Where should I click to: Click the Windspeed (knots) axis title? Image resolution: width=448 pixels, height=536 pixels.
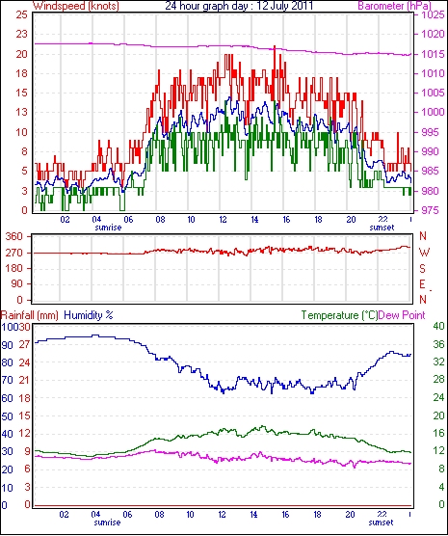pos(76,6)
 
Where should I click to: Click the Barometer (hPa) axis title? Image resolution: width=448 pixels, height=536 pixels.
pos(394,6)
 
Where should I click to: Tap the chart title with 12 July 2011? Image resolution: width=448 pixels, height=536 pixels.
pos(239,6)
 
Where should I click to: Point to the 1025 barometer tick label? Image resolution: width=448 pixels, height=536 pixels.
pos(433,15)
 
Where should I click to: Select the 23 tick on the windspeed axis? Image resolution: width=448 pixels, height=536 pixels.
pos(21,34)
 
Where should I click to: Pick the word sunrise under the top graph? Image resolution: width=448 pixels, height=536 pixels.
pos(108,228)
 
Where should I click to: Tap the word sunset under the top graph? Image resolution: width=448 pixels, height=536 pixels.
pos(382,228)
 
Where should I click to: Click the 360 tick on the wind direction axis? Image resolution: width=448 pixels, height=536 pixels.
pos(14,236)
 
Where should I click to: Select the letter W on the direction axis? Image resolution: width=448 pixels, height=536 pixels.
pos(424,253)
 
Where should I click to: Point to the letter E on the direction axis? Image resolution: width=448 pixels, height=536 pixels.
pos(422,284)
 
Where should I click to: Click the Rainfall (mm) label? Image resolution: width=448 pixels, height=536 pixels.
pos(30,315)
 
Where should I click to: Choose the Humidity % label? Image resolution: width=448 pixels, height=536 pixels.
pos(89,315)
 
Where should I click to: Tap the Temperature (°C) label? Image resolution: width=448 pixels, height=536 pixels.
pos(339,315)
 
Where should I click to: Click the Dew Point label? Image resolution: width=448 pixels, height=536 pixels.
pos(402,315)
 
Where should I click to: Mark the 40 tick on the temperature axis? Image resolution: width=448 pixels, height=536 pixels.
pos(438,326)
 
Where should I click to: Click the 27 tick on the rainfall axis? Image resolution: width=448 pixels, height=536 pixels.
pos(25,344)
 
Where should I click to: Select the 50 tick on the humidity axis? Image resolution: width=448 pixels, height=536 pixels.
pos(7,416)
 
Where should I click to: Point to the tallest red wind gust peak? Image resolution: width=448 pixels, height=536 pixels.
pos(275,46)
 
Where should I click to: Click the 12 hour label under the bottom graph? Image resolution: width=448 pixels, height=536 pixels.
pos(222,514)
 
